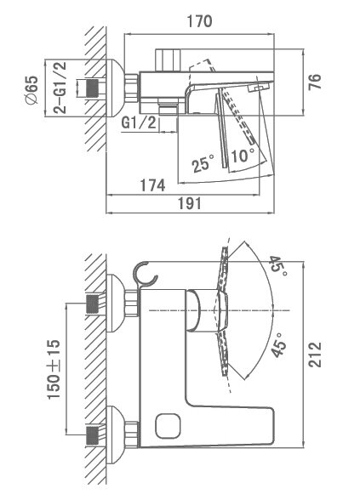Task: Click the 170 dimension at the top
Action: (200, 21)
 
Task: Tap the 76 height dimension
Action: (315, 82)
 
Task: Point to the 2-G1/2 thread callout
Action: (60, 88)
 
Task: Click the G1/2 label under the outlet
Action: (139, 122)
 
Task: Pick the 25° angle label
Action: (203, 162)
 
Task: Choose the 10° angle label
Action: (243, 156)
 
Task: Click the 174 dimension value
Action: (152, 185)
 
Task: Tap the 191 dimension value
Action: (190, 203)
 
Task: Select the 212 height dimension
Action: (315, 355)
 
